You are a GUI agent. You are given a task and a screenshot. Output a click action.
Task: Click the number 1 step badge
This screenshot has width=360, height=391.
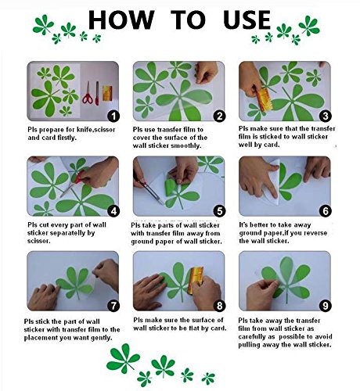point(113,116)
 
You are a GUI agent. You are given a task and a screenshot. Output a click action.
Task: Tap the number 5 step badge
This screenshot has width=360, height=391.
point(219,211)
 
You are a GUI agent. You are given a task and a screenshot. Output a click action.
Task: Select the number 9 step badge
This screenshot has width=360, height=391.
point(326,306)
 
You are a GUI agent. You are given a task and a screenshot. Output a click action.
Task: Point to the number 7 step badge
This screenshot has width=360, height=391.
point(113,306)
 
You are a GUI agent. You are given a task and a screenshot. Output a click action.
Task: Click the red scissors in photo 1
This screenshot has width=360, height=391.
point(88,93)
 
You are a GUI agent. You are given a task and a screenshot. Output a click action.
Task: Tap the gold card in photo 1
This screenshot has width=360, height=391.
point(107,93)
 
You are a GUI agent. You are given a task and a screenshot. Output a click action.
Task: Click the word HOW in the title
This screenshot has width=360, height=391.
point(121,20)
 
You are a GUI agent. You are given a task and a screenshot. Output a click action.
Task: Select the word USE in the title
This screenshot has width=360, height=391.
point(247,20)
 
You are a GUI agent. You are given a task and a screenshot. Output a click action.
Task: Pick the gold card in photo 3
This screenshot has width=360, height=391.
point(265,99)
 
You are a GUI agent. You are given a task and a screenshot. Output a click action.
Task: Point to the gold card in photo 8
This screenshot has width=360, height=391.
point(196,279)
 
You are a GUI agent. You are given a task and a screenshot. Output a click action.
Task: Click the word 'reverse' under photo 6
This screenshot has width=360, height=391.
point(315,233)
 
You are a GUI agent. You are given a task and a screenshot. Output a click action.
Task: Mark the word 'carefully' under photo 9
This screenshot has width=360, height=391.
point(251,336)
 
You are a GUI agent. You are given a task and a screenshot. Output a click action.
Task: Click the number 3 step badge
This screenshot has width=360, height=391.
point(326,116)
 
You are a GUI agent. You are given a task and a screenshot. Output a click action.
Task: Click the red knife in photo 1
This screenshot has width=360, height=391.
point(97,93)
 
